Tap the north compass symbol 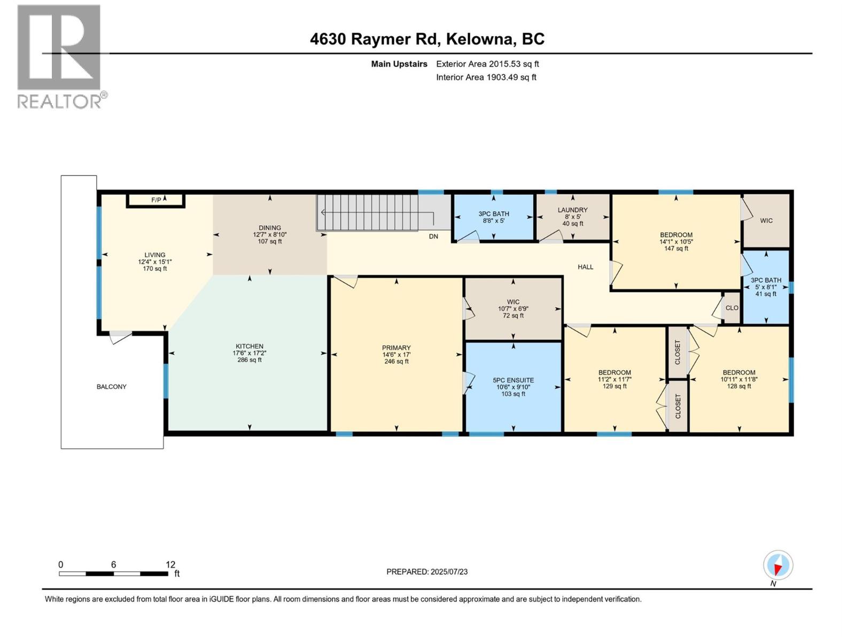click(778, 565)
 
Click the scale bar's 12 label click(170, 565)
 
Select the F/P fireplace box click(156, 200)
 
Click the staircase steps click(367, 212)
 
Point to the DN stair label click(433, 236)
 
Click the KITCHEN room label click(250, 346)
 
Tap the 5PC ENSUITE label click(513, 380)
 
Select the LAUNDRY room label click(572, 210)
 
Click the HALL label click(585, 267)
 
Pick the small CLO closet click(732, 308)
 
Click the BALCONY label click(112, 386)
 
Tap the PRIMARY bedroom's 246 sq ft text click(396, 362)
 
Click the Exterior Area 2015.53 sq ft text click(487, 64)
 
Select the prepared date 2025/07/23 click(426, 572)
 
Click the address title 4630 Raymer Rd click(374, 39)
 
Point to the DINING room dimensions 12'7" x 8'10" click(270, 234)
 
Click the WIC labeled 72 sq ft click(513, 308)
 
